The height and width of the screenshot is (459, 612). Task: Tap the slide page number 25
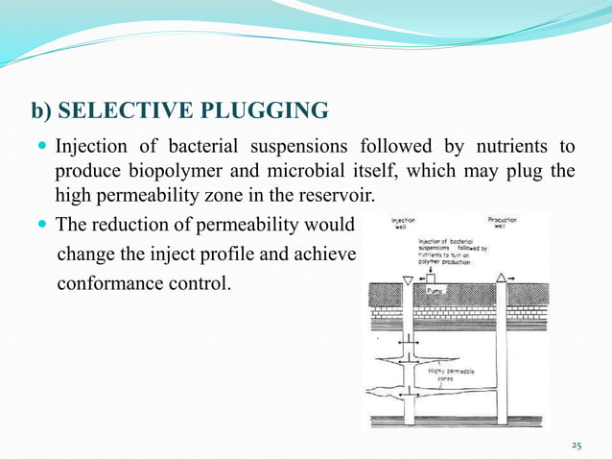click(x=577, y=445)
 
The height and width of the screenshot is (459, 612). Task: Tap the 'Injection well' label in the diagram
click(x=403, y=224)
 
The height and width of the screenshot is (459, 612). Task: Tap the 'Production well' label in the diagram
click(x=503, y=223)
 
